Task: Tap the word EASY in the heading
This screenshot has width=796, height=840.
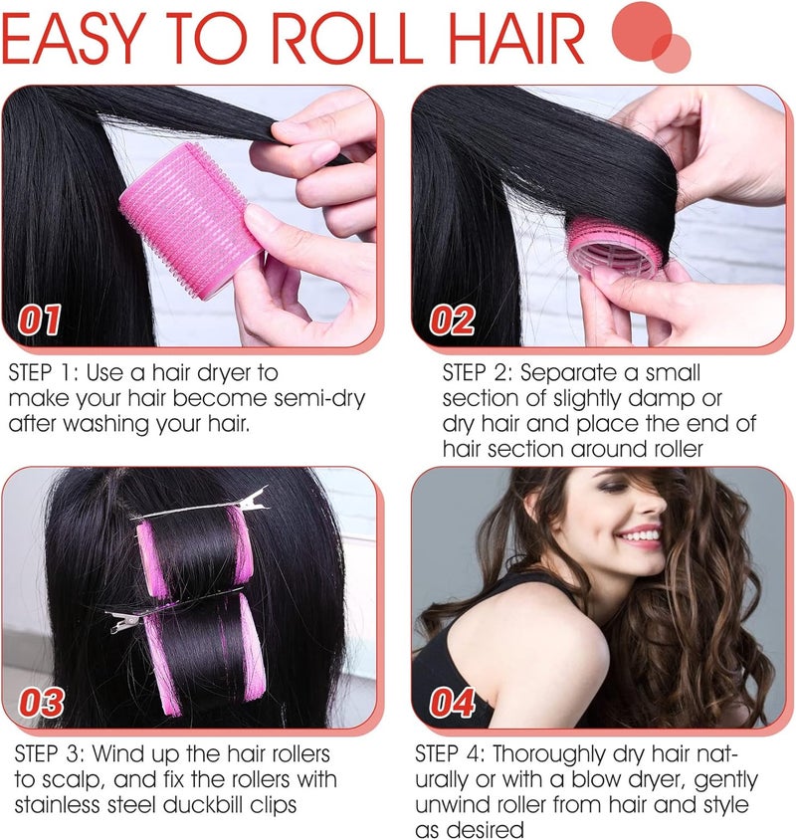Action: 74,38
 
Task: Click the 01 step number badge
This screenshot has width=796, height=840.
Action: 40,319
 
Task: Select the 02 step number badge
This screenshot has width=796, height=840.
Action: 452,319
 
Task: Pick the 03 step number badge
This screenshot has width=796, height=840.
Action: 41,703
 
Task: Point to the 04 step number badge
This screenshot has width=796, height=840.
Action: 453,703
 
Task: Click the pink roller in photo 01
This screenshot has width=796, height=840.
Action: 190,220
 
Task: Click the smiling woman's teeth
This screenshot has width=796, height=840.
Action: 640,534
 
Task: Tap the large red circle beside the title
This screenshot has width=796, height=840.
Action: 642,31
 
